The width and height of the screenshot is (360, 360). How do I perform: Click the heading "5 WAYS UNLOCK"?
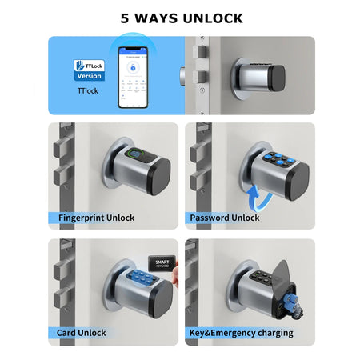point(181,18)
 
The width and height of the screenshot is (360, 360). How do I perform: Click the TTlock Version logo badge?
point(89,69)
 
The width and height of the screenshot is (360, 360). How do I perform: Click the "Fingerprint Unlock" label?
point(97,217)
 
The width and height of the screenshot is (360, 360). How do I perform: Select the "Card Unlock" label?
point(82,332)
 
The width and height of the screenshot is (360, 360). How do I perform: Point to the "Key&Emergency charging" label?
point(242,332)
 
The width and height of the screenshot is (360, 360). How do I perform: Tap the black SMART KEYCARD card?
point(162,264)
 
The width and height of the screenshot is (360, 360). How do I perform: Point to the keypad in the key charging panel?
point(258,282)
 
